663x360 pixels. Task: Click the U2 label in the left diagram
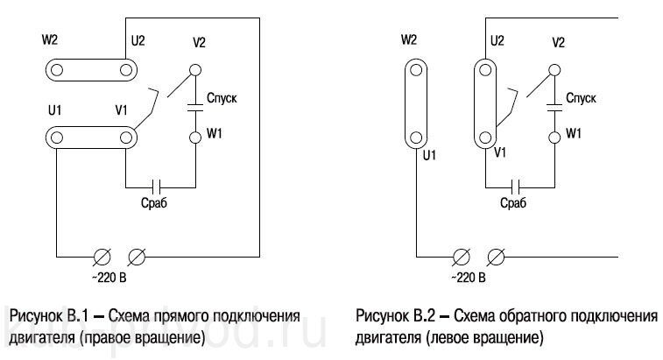pyautogui.click(x=138, y=42)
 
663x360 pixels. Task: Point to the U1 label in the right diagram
pyautogui.click(x=429, y=156)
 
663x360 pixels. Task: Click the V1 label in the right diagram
pyautogui.click(x=501, y=152)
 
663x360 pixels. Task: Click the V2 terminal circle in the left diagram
pyautogui.click(x=194, y=68)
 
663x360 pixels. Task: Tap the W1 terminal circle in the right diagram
pyautogui.click(x=553, y=137)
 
